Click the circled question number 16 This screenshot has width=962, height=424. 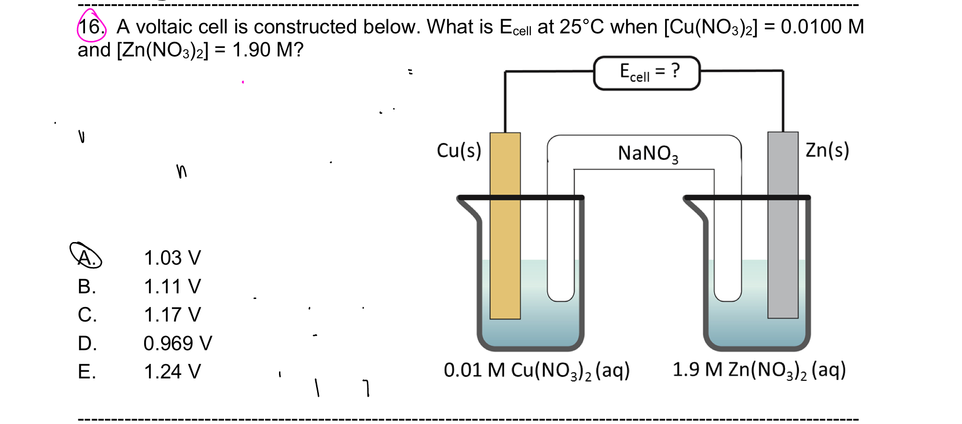(91, 27)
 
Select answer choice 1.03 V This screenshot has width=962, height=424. (172, 258)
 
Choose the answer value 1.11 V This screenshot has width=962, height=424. (172, 287)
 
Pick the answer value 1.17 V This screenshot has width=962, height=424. (172, 315)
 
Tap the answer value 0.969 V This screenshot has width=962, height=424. (178, 344)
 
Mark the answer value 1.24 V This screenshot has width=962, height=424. (172, 372)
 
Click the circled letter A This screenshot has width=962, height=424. (86, 256)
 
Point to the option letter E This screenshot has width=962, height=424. (87, 372)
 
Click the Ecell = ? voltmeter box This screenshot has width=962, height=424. (647, 73)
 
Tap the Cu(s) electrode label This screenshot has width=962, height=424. (459, 151)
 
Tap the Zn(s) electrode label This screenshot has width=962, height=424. (827, 150)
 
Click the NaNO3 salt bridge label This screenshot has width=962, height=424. (648, 153)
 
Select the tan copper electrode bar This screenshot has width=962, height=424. (505, 226)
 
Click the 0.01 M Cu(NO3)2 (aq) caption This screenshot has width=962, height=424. (536, 370)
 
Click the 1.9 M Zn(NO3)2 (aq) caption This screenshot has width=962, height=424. (759, 370)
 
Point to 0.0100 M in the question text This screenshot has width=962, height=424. (822, 27)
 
